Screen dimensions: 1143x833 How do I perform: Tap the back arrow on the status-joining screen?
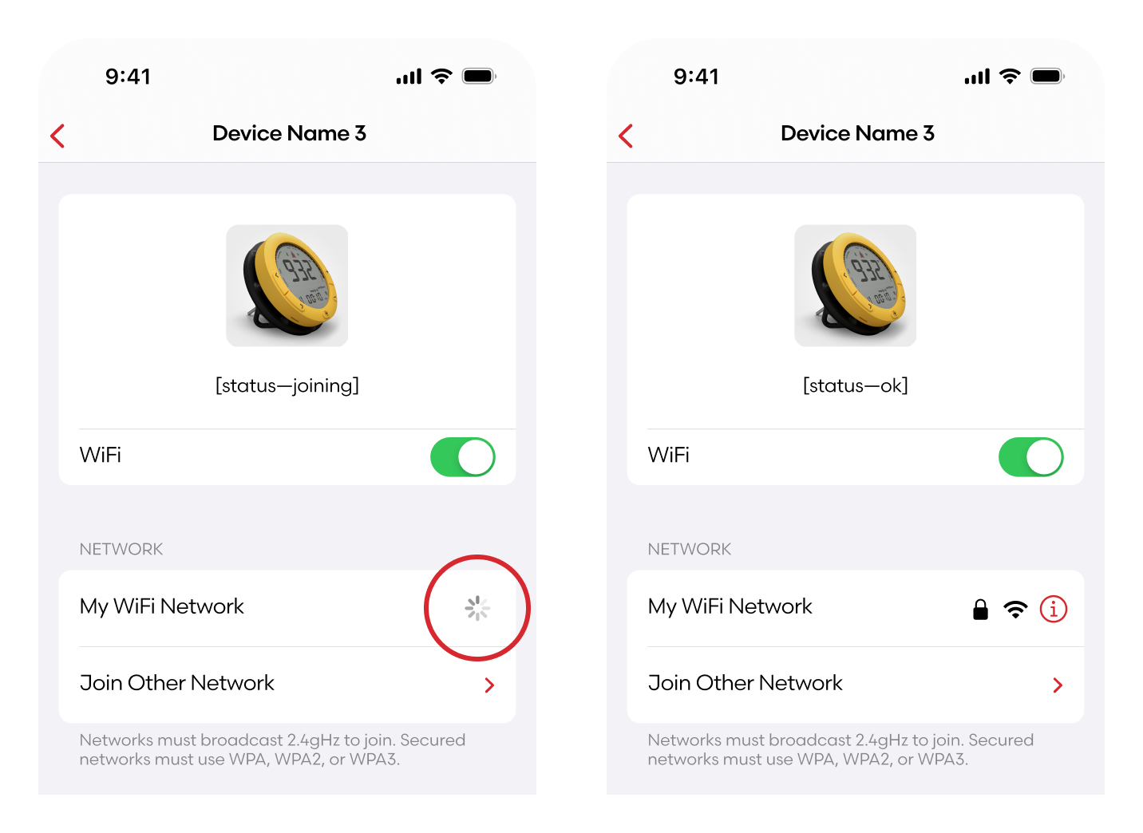coord(57,136)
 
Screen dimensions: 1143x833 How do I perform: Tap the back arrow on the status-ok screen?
coord(626,136)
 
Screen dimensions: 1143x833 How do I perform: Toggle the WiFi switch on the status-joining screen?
coord(463,457)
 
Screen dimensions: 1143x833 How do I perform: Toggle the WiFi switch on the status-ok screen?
coord(1031,457)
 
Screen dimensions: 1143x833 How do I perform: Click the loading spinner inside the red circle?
coord(477,608)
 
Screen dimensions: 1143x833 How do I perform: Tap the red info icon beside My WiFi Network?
coord(1053,609)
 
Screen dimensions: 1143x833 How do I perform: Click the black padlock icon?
coord(980,610)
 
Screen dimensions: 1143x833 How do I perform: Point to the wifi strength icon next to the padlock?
coord(1015,610)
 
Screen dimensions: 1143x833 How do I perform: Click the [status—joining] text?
coord(287,385)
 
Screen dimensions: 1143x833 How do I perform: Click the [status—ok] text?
coord(856,385)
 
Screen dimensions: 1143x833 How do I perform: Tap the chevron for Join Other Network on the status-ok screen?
coord(1058,685)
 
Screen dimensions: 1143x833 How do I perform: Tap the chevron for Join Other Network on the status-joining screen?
coord(489,685)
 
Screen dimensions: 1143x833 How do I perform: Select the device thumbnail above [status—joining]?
coord(287,286)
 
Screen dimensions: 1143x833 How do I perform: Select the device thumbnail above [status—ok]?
coord(856,286)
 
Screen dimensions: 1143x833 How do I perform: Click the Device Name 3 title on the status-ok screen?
coord(858,133)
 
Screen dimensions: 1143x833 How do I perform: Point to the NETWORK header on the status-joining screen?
coord(121,550)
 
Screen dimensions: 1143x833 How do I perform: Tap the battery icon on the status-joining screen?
coord(479,77)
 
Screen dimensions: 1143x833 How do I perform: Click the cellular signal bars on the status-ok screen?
coord(977,77)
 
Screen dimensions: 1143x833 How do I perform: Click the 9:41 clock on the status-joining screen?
coord(128,77)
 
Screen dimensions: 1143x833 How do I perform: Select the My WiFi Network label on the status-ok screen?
coord(730,607)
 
